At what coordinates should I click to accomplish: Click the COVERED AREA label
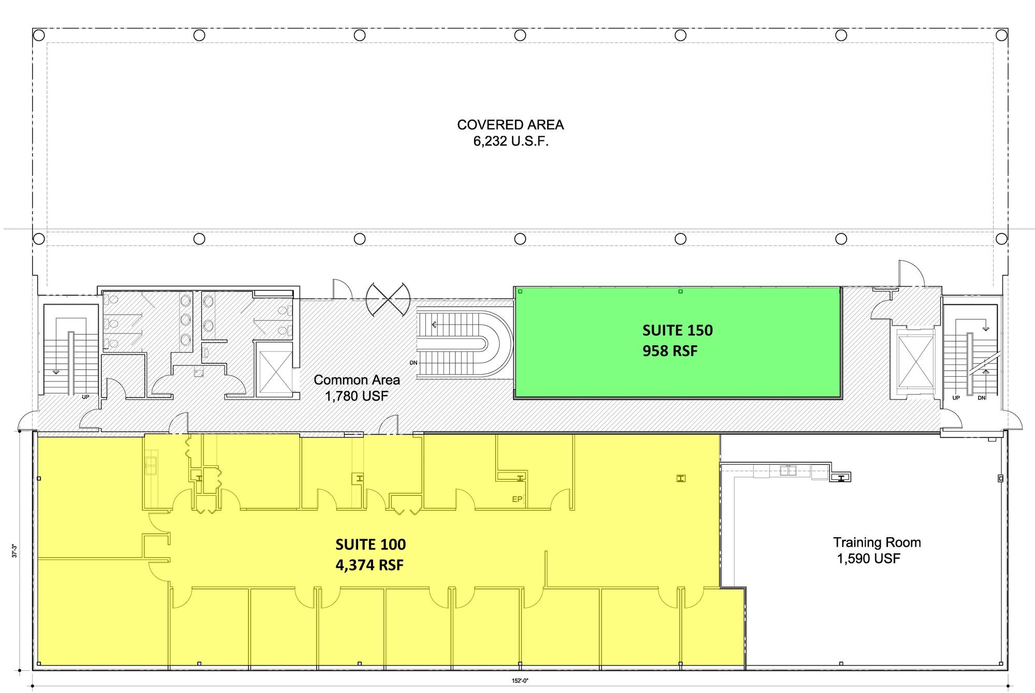[510, 125]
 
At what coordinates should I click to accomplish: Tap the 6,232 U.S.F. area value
[511, 141]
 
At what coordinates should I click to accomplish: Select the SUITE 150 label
[677, 330]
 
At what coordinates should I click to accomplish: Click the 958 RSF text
[670, 351]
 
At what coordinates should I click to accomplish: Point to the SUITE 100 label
[371, 544]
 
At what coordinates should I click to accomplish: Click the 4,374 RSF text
[369, 565]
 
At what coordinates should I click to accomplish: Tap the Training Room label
[877, 542]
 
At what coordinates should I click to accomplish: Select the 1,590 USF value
[869, 558]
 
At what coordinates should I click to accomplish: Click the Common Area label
[357, 380]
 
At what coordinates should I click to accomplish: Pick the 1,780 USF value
[357, 396]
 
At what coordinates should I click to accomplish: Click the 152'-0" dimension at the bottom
[520, 681]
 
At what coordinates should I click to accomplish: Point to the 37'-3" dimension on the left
[15, 550]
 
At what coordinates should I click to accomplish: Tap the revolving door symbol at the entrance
[388, 299]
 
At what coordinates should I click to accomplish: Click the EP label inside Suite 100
[517, 499]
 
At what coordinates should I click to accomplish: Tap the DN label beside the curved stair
[413, 363]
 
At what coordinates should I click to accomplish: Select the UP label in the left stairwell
[85, 397]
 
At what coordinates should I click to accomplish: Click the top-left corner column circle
[39, 35]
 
